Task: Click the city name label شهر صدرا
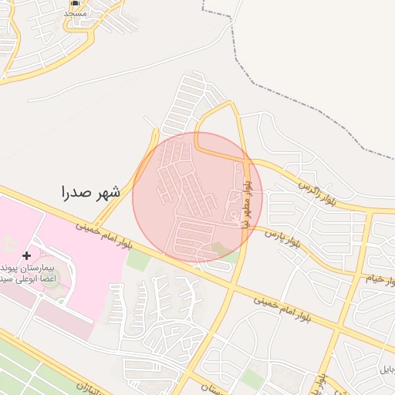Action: pyautogui.click(x=90, y=193)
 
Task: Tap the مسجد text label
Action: pyautogui.click(x=75, y=13)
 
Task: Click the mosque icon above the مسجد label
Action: pyautogui.click(x=75, y=3)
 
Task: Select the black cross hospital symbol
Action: pyautogui.click(x=28, y=255)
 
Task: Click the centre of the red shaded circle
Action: pyautogui.click(x=197, y=197)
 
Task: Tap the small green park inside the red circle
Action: pyautogui.click(x=221, y=248)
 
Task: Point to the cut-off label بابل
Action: pyautogui.click(x=383, y=370)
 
